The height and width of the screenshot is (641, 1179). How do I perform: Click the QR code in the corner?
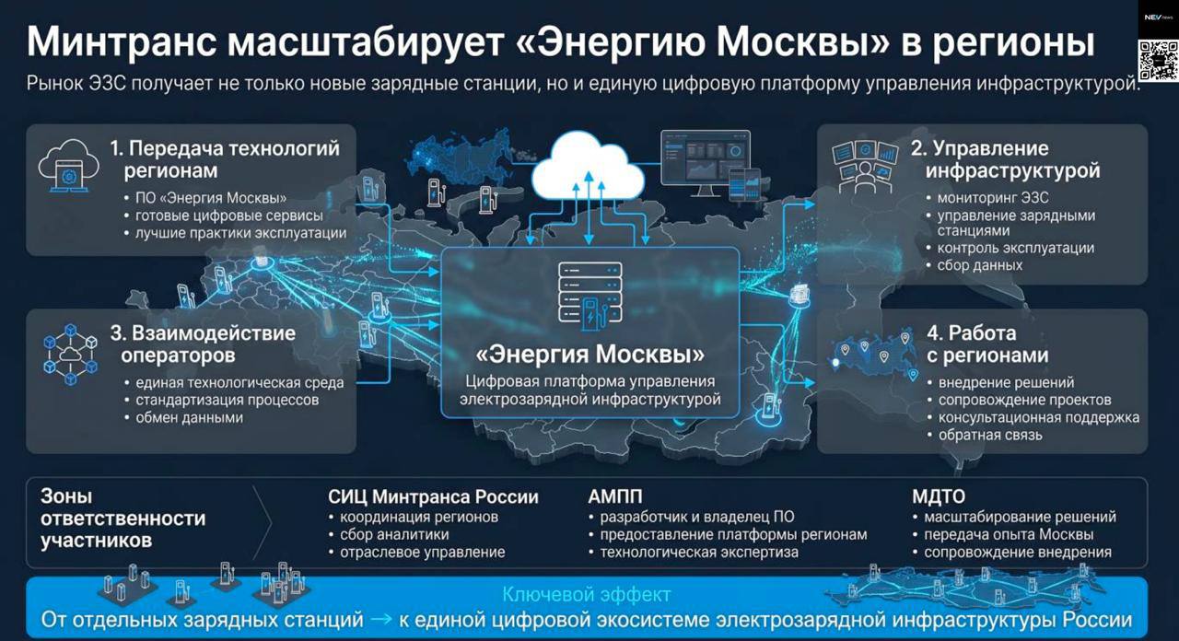tap(1158, 61)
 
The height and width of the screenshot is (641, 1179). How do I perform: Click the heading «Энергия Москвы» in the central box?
tap(590, 355)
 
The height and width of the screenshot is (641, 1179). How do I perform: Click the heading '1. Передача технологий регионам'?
tap(225, 159)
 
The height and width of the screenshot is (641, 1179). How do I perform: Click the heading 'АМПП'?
tap(614, 496)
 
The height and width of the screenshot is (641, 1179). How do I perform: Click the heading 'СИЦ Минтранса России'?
tap(433, 496)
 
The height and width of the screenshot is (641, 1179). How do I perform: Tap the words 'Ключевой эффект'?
tap(587, 595)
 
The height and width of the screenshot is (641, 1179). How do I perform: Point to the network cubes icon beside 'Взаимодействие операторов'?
tap(70, 355)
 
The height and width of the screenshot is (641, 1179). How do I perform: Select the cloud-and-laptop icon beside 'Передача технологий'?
tap(68, 166)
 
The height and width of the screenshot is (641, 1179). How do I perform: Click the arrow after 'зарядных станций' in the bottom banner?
tap(381, 620)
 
